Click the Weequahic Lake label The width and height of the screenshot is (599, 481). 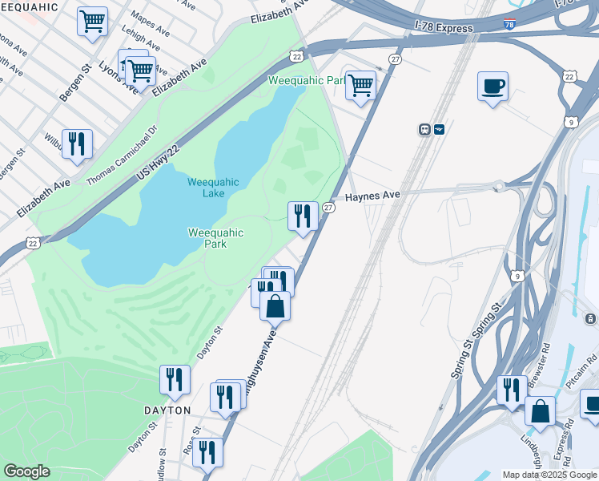(213, 188)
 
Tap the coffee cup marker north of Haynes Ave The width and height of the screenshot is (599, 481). (492, 86)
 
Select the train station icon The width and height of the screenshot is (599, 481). (425, 129)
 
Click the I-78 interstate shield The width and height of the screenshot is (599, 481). (510, 24)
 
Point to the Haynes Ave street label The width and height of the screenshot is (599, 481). (372, 196)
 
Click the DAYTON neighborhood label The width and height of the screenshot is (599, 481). (167, 410)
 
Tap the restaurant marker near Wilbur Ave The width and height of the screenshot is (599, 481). (77, 144)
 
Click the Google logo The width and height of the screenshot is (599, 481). (26, 471)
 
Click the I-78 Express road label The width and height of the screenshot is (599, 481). (444, 28)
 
